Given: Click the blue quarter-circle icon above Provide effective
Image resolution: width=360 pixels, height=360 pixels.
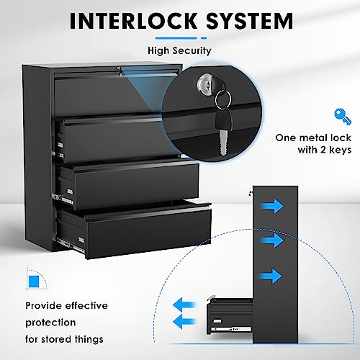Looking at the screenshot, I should point(34,278).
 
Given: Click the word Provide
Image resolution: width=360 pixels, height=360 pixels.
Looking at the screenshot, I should point(42,305).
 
